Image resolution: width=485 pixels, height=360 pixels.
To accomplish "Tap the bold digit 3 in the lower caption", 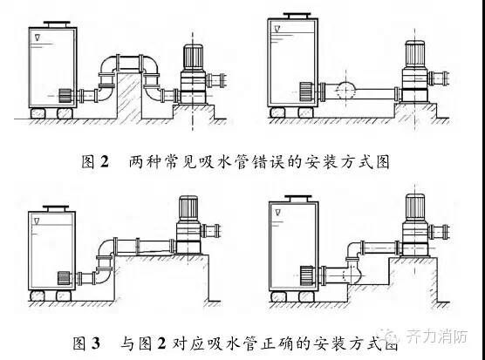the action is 96,343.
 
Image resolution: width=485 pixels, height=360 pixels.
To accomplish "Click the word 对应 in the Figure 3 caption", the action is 188,343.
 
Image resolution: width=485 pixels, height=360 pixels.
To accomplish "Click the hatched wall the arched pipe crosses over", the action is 129,96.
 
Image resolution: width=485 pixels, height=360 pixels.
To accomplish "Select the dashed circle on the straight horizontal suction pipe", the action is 345,91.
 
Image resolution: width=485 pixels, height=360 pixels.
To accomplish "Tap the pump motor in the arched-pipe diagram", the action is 193,58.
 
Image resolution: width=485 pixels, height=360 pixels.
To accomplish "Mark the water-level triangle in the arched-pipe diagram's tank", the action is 38,37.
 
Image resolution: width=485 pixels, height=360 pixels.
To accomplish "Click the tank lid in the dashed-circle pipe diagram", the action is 297,16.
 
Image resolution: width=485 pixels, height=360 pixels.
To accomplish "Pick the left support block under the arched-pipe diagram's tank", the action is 38,113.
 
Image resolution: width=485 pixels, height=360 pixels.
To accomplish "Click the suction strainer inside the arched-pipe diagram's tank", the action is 65,96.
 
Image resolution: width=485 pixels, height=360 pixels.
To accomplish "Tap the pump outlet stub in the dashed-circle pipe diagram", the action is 438,78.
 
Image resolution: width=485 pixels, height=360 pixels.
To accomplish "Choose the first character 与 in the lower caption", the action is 127,343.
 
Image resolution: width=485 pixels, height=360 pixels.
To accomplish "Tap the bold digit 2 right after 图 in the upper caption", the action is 105,161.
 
